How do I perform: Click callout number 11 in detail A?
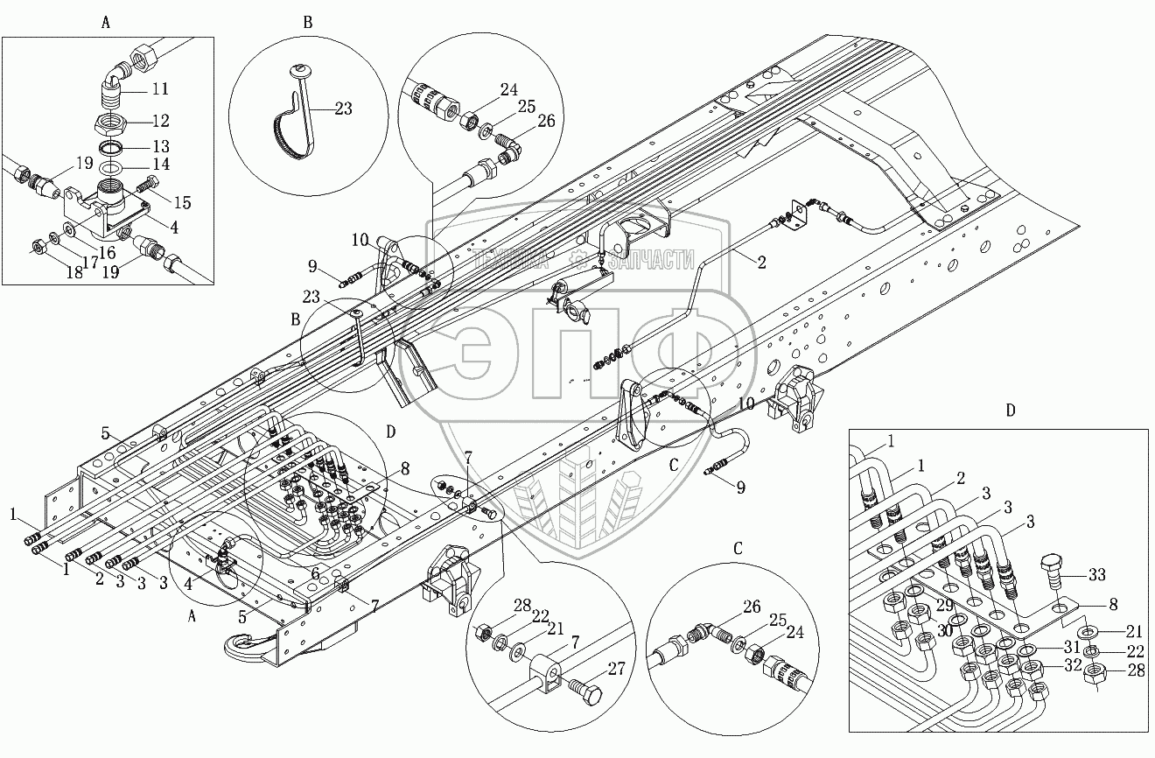(159, 89)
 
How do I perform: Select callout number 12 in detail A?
(159, 120)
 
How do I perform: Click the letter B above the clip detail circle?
(308, 24)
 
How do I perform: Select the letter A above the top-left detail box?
(106, 24)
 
